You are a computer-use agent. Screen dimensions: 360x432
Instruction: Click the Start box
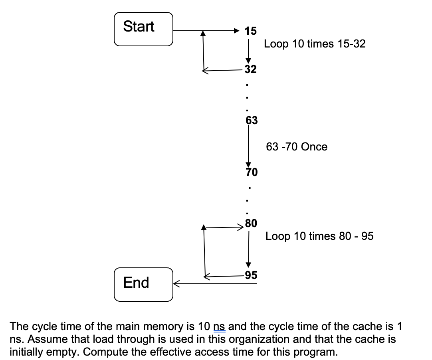pos(144,29)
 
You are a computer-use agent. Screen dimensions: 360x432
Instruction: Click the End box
pos(144,284)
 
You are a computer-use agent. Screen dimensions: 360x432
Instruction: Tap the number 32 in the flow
pos(250,69)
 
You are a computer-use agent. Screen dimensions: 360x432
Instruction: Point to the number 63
pos(252,120)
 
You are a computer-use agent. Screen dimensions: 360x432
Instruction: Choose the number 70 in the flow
pos(252,172)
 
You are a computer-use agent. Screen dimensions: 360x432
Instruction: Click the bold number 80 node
pos(251,224)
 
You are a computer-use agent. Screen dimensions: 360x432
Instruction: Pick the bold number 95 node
pos(251,275)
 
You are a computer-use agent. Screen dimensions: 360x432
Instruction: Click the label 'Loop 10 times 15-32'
pos(315,44)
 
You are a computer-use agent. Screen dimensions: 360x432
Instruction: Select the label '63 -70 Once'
pos(297,147)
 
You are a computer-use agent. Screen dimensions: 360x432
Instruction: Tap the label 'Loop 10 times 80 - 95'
pos(319,236)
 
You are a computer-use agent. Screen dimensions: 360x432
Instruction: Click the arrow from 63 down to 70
pos(248,146)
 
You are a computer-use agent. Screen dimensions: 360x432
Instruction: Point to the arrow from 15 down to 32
pos(248,50)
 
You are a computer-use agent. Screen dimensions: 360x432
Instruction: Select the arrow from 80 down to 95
pos(249,249)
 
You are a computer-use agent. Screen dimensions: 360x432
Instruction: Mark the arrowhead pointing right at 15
pos(237,30)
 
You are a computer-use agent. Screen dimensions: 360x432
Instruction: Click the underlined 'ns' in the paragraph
pos(220,327)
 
